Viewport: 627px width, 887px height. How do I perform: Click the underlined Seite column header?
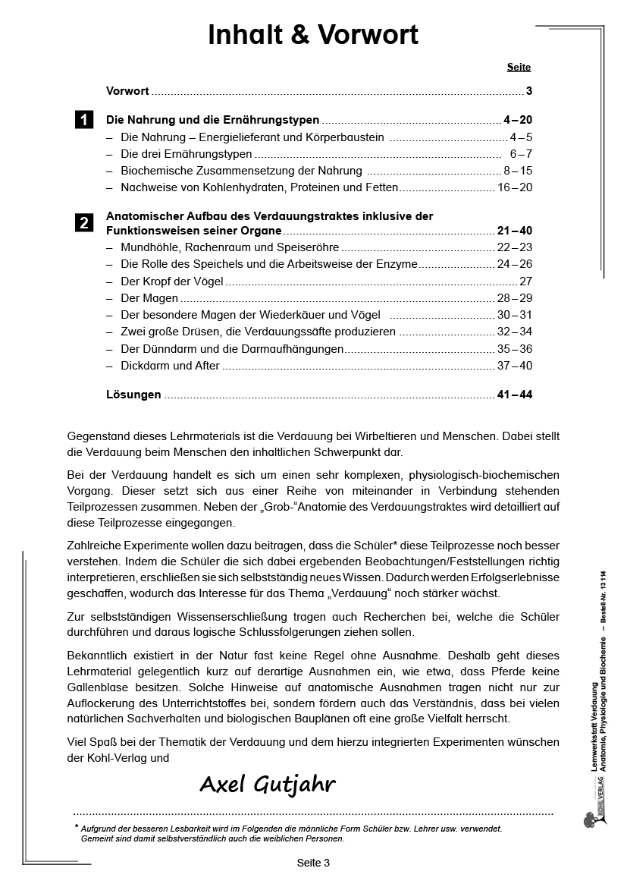coord(519,67)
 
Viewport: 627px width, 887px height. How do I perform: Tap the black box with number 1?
coord(84,120)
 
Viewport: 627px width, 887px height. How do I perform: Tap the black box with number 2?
coord(84,223)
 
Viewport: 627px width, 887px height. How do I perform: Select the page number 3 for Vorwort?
coord(529,91)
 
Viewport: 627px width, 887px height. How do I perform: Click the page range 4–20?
coord(518,120)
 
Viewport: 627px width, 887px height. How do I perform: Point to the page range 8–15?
coord(518,171)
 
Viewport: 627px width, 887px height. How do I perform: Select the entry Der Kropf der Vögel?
coord(172,281)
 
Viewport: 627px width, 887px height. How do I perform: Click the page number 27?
coord(525,281)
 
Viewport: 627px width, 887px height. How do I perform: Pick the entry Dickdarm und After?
coord(170,366)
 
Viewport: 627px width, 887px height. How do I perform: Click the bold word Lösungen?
coord(133,395)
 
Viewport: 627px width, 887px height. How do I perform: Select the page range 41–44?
coord(515,395)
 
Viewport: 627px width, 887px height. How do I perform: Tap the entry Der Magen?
coord(149,298)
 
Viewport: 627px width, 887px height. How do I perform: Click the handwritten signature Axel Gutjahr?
coord(267,785)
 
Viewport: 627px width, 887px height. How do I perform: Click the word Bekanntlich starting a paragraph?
coord(99,655)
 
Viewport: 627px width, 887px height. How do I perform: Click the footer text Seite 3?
coord(313,863)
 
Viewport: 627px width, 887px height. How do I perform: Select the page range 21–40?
coord(515,231)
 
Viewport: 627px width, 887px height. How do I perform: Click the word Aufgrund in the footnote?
coord(101,829)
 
